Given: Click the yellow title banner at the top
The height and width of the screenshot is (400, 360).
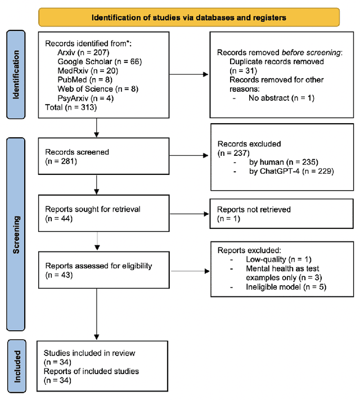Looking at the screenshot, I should pos(188,17).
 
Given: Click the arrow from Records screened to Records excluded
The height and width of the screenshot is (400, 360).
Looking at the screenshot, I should pos(188,156).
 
